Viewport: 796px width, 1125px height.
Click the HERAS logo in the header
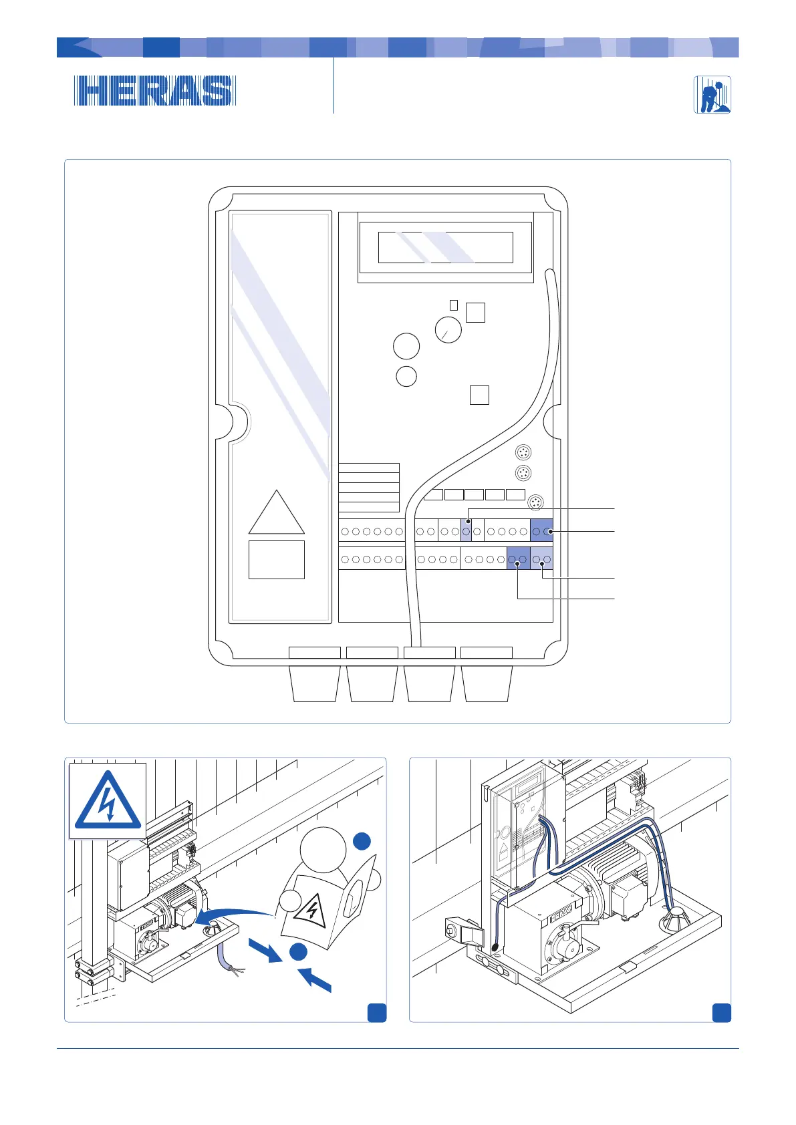coord(154,91)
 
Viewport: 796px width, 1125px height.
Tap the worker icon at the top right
coord(712,94)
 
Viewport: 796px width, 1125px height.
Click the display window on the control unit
coord(445,248)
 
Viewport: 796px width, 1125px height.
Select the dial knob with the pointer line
coord(448,330)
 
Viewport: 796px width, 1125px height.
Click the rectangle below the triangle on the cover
coord(277,559)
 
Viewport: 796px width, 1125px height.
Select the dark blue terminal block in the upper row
coord(541,531)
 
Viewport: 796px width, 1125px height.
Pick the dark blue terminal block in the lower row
coord(518,558)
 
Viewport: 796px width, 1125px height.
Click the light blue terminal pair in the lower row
coord(541,558)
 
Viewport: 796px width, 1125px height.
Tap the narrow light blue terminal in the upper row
coord(467,531)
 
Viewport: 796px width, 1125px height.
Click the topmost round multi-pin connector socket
coord(524,453)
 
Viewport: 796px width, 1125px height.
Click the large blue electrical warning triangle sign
coord(108,801)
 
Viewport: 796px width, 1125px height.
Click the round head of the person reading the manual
coord(323,849)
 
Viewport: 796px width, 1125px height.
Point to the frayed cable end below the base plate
coord(235,969)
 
